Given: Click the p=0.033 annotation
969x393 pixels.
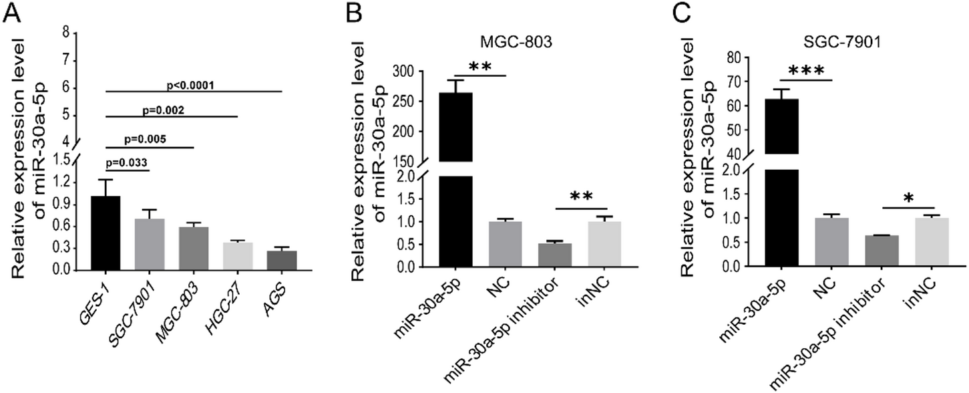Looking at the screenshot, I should (127, 162).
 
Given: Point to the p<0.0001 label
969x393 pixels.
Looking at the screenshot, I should (194, 85).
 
